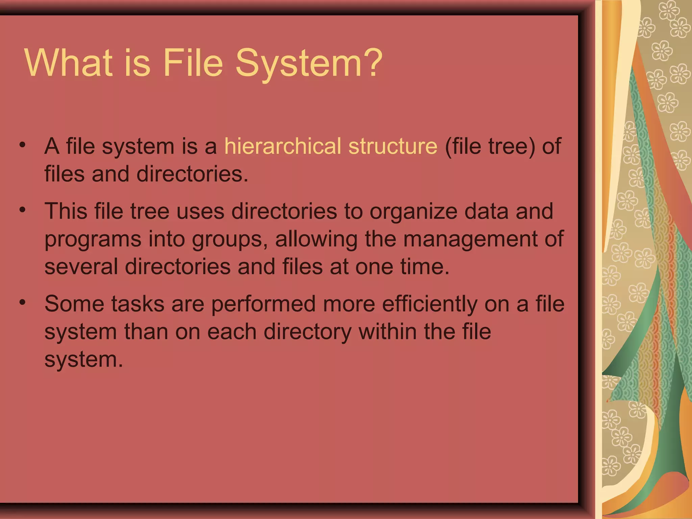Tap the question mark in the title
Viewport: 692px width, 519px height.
coord(372,63)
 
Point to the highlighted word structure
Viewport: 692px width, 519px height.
coord(393,146)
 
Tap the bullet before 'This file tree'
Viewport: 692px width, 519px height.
coord(23,210)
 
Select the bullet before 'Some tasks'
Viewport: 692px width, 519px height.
coord(23,302)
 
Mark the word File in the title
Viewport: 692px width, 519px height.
coord(193,63)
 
